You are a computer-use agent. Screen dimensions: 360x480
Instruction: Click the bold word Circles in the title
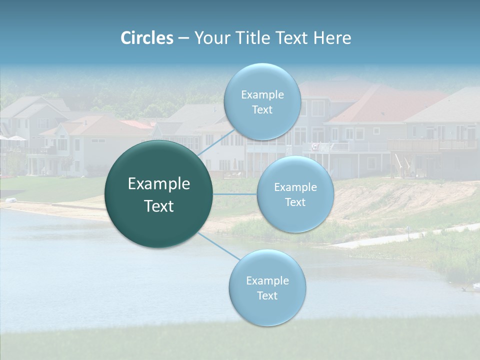146,38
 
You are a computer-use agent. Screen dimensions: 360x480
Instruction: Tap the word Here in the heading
332,38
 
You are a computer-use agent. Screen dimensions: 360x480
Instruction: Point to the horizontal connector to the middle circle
235,194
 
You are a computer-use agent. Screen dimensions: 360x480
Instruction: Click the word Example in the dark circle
159,184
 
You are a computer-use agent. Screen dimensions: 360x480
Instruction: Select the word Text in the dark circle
159,206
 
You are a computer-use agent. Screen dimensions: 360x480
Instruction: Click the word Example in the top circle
262,95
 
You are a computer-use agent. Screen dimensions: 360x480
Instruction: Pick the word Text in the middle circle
295,202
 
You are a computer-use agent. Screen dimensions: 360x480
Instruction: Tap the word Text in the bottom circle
267,295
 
